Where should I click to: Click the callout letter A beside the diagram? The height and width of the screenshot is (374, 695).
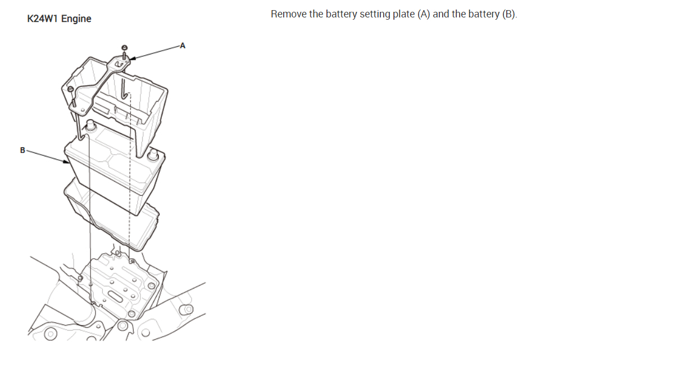click(181, 46)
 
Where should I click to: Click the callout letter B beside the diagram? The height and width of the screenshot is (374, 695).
click(22, 150)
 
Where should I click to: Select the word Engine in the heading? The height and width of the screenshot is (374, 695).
click(76, 19)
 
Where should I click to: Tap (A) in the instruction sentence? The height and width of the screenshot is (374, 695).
click(424, 14)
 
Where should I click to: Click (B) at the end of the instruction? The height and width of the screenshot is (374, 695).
click(508, 14)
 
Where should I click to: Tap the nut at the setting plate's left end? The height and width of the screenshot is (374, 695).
click(70, 89)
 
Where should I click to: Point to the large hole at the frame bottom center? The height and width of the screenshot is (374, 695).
click(122, 325)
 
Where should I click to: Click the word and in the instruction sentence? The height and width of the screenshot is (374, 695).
click(441, 14)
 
